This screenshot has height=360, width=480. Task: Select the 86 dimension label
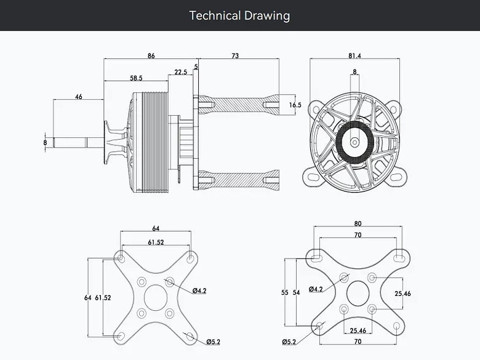click(x=151, y=56)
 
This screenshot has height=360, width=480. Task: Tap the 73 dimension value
click(x=235, y=56)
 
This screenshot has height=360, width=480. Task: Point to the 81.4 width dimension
click(x=354, y=56)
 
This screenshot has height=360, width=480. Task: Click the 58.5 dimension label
click(x=136, y=78)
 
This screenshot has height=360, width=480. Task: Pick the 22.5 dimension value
click(x=180, y=72)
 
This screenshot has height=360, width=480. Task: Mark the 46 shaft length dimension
click(x=79, y=97)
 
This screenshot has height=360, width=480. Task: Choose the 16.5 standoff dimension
click(x=295, y=105)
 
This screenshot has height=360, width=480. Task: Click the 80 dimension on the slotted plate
click(x=358, y=224)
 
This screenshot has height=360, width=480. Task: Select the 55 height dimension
click(x=285, y=293)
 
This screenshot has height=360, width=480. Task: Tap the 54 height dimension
click(x=297, y=293)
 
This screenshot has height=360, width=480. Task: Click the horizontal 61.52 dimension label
click(x=156, y=242)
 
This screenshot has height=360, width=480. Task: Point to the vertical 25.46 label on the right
click(x=402, y=294)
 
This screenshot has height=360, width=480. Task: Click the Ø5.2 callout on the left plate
click(x=213, y=342)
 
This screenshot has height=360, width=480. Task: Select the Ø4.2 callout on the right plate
click(x=316, y=289)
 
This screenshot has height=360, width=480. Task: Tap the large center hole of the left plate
click(x=156, y=297)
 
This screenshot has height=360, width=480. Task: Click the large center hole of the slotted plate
click(x=358, y=294)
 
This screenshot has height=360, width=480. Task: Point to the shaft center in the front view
click(x=355, y=142)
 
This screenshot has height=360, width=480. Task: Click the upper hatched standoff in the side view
click(x=239, y=105)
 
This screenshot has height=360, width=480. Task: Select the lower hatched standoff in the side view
click(x=239, y=180)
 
